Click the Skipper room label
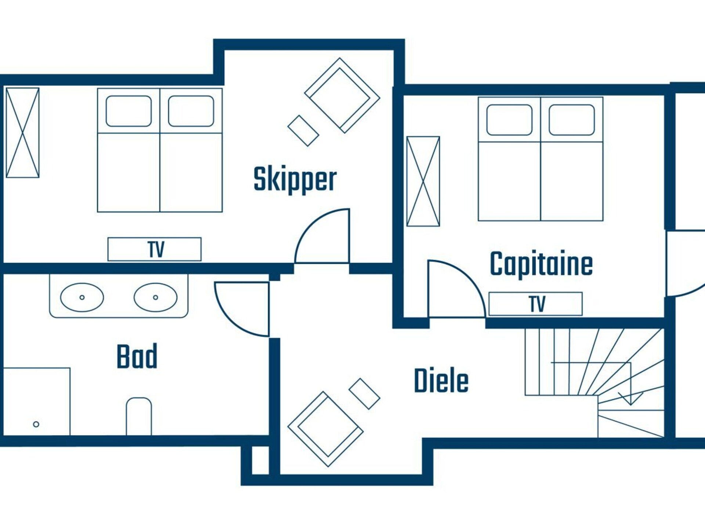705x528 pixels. (x=295, y=179)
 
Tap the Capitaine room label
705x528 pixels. (x=541, y=264)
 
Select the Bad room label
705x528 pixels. (x=137, y=356)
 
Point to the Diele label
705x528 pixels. (x=441, y=381)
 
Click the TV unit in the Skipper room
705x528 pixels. (x=155, y=249)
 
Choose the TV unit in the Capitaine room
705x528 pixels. (x=535, y=304)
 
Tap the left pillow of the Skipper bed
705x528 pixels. (x=129, y=111)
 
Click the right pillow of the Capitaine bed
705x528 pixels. (x=572, y=120)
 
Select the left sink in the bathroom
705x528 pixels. (x=82, y=297)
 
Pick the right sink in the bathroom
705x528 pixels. (x=155, y=297)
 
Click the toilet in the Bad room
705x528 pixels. (x=139, y=416)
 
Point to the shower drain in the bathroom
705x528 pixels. (x=36, y=424)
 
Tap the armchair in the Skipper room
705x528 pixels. (x=342, y=95)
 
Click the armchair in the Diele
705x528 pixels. (x=325, y=429)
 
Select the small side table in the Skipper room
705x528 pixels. (x=303, y=131)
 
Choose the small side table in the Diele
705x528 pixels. (x=364, y=394)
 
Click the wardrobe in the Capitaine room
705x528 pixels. (x=423, y=181)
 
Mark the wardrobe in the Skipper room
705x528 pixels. (x=22, y=133)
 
